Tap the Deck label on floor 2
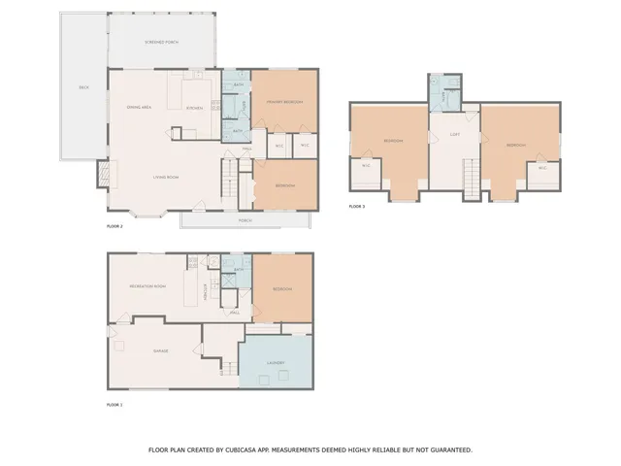tap(83, 87)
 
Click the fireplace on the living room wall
tap(102, 175)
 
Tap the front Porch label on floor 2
tap(245, 220)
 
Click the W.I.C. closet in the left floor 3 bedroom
tap(366, 166)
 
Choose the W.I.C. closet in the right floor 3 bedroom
tap(542, 166)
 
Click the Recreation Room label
tap(146, 287)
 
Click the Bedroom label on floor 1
tap(281, 289)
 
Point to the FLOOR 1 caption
tap(114, 403)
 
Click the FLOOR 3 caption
tap(357, 207)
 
